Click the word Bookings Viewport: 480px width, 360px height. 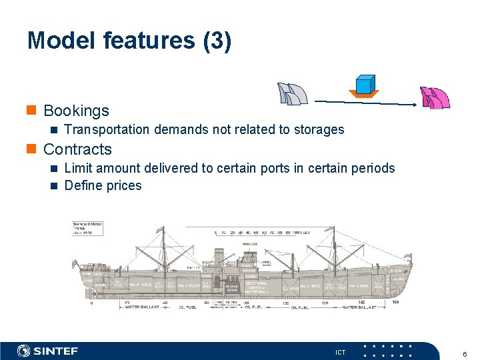pyautogui.click(x=76, y=111)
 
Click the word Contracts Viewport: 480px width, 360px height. pyautogui.click(x=77, y=149)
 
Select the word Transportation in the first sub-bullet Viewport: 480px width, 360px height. pyautogui.click(x=107, y=129)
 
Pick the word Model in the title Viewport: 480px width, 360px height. pyautogui.click(x=61, y=41)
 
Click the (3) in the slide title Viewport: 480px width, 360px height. pyautogui.click(x=217, y=41)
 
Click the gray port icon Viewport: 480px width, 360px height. pyautogui.click(x=292, y=95)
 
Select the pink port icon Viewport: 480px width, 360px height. pyautogui.click(x=435, y=98)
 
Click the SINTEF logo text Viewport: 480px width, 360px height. pyautogui.click(x=55, y=351)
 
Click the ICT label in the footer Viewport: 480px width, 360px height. pyautogui.click(x=341, y=352)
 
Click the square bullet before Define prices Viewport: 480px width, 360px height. pyautogui.click(x=55, y=185)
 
